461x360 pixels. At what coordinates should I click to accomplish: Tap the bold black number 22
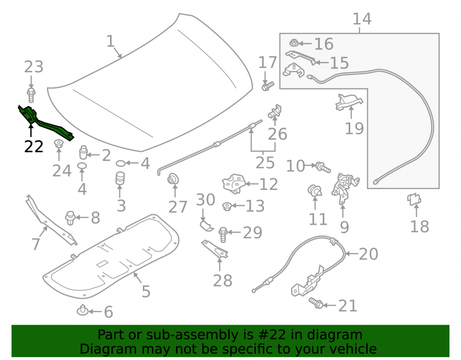(34, 147)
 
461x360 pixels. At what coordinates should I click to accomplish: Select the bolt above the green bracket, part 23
(31, 94)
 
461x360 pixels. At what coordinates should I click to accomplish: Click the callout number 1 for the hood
(110, 41)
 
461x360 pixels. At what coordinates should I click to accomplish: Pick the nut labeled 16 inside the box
(294, 43)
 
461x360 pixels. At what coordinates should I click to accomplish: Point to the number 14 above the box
(362, 19)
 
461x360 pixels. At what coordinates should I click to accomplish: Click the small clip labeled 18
(414, 199)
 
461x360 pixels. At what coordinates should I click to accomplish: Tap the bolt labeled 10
(323, 167)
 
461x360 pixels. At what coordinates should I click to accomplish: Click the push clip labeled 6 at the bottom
(83, 310)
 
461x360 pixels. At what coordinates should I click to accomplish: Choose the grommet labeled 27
(173, 179)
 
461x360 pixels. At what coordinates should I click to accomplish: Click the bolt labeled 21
(316, 303)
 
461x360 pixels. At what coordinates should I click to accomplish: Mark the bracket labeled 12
(234, 183)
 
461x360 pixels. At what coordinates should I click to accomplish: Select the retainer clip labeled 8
(70, 218)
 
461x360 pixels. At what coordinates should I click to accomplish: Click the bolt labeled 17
(267, 86)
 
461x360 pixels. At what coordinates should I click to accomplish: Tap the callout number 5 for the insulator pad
(146, 291)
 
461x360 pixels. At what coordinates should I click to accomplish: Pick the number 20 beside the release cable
(368, 254)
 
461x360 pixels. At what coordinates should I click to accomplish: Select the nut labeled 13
(227, 207)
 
